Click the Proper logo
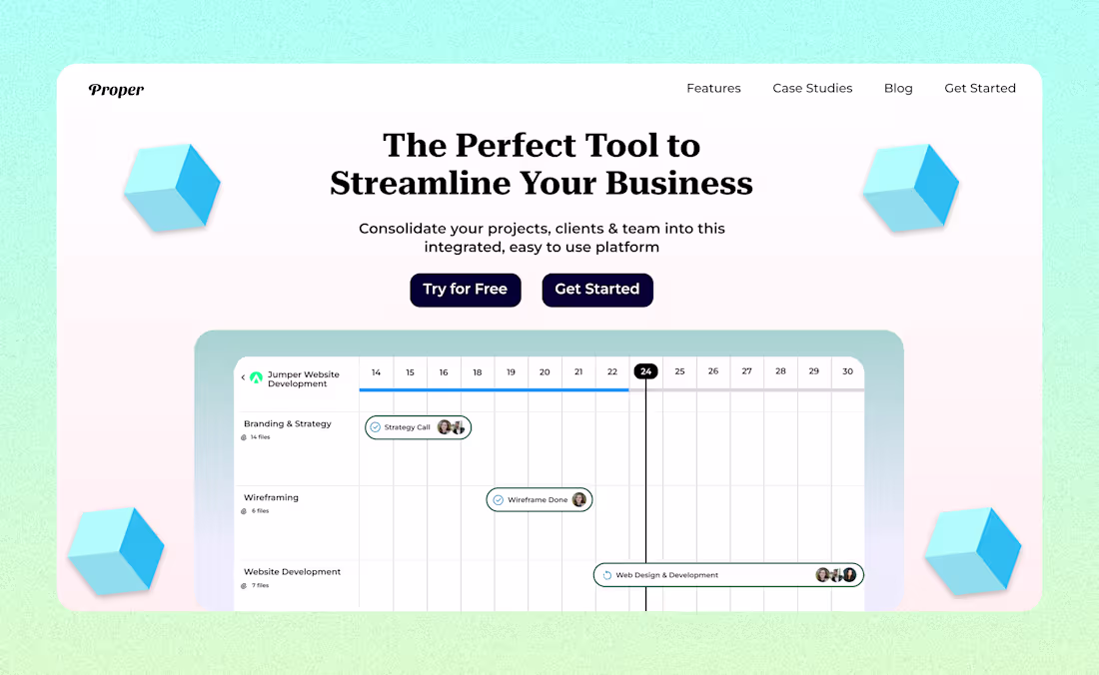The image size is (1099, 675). [116, 90]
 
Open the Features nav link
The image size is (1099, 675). [713, 88]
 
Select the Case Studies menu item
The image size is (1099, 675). [812, 88]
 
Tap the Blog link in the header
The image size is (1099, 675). [898, 88]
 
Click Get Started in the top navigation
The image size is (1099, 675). [980, 88]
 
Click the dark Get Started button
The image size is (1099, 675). [597, 290]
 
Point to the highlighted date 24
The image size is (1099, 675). [646, 371]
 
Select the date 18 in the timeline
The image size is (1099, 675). [478, 371]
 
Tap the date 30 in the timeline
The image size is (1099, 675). [847, 371]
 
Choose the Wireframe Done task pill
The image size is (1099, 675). [540, 499]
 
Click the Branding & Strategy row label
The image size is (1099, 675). [288, 423]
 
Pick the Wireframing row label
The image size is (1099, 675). [272, 497]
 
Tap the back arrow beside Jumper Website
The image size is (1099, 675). [243, 378]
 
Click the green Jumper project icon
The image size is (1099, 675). [256, 378]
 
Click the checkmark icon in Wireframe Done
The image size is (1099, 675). [498, 499]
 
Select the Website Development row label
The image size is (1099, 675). [293, 572]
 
